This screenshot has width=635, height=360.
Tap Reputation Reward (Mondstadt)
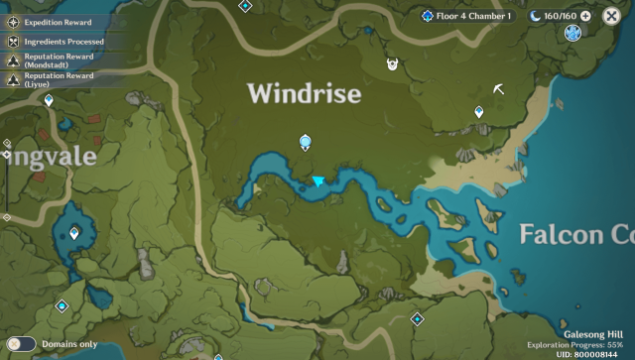click(59, 61)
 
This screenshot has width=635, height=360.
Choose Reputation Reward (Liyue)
click(59, 80)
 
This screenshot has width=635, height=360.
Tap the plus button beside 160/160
click(585, 16)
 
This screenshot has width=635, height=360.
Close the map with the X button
click(611, 16)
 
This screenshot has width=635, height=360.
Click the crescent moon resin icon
click(536, 16)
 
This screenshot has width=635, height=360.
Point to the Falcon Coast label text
click(576, 235)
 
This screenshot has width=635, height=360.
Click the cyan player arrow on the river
click(318, 181)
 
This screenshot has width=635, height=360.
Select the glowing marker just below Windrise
click(306, 143)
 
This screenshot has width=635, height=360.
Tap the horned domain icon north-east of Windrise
click(393, 65)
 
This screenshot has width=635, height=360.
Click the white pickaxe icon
click(498, 89)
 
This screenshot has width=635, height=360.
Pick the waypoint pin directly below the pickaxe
click(479, 113)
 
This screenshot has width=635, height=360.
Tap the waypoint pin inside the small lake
click(74, 233)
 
